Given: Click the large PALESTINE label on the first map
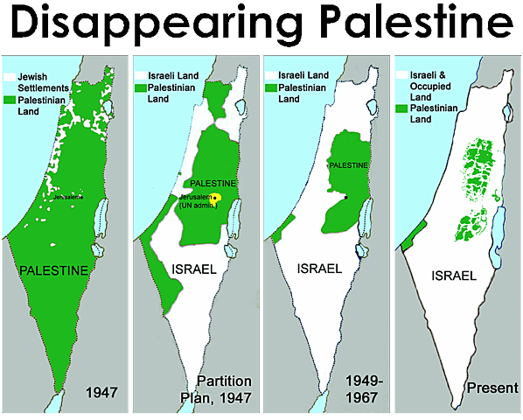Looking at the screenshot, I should point(54,270).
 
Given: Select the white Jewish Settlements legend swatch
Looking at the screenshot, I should point(9,78).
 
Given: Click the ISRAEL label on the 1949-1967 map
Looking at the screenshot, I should point(320,268).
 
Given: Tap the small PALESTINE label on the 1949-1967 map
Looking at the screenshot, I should point(348,164).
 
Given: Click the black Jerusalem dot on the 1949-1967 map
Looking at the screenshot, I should point(346,198).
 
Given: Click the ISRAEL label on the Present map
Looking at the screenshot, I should point(454,275).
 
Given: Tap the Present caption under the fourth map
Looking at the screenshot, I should point(493,387).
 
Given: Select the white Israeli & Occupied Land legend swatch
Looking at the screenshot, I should point(401,75).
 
